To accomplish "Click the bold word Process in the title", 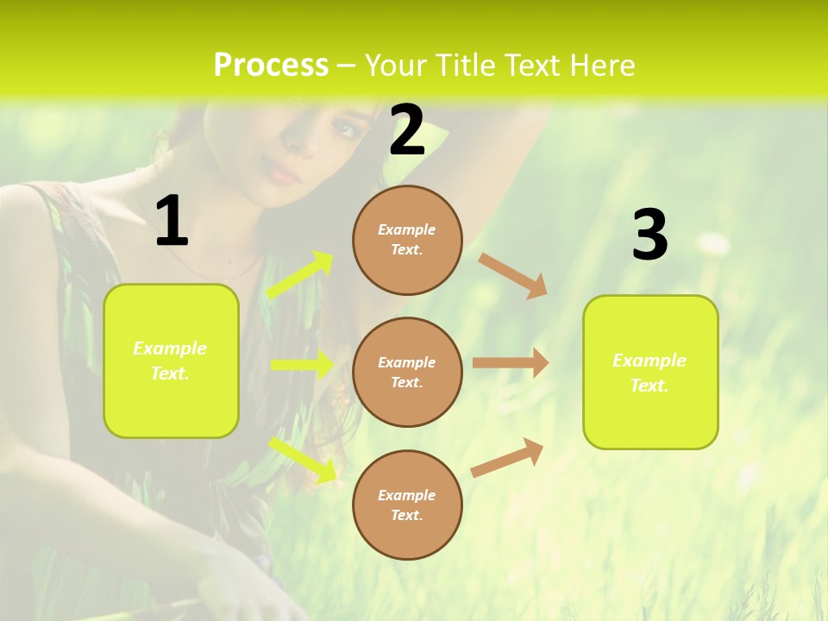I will click(271, 66).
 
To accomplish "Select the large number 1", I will click(171, 222).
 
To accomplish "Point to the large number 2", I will click(407, 131).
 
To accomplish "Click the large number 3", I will click(649, 235).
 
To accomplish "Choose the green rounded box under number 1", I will click(171, 361).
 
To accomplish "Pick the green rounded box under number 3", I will click(650, 372).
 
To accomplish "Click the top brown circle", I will click(407, 239).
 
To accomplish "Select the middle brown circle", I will click(407, 372).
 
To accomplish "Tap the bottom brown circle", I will click(407, 505).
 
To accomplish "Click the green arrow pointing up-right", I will click(300, 275).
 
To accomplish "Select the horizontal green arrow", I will click(302, 365).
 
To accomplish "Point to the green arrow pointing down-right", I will click(303, 459).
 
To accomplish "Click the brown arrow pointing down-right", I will click(512, 275).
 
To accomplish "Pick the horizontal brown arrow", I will click(511, 363).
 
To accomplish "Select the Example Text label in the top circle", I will click(407, 239).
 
